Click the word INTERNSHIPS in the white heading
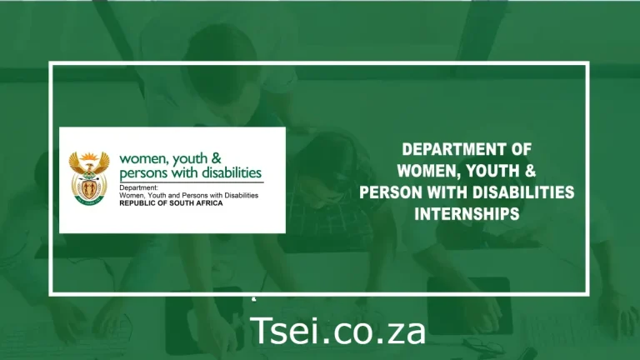[467, 214]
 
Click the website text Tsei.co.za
[338, 331]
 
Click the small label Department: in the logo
[138, 187]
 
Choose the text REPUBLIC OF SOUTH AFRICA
[170, 202]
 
